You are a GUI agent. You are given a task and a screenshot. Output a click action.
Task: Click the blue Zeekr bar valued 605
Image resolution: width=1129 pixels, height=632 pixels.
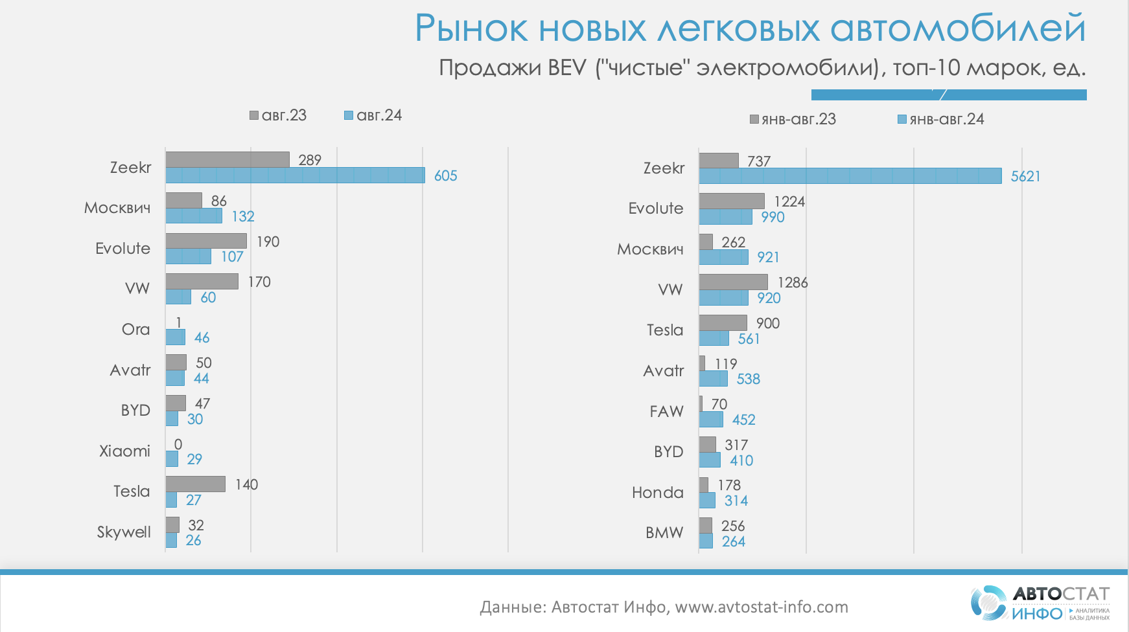click(x=295, y=175)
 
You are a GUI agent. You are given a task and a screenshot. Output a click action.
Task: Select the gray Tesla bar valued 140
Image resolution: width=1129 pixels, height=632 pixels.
click(x=195, y=484)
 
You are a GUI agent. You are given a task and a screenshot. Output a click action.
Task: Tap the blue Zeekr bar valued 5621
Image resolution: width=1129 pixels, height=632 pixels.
click(x=850, y=176)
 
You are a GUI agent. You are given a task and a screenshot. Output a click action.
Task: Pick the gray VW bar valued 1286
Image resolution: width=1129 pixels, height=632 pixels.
click(x=733, y=282)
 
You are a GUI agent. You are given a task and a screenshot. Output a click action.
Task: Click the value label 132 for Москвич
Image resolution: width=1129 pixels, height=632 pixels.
click(x=243, y=216)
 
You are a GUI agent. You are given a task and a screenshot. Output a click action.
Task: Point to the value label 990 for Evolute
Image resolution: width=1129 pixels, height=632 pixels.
click(x=773, y=217)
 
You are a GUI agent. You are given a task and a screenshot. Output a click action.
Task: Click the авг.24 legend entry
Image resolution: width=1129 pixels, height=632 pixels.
click(x=373, y=115)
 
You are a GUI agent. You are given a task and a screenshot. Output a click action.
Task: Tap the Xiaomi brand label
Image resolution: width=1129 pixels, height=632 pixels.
click(x=124, y=451)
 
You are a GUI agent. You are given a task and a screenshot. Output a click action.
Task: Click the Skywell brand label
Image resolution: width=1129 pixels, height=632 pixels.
click(x=124, y=532)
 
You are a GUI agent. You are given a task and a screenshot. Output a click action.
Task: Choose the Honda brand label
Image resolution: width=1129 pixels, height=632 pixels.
click(x=657, y=493)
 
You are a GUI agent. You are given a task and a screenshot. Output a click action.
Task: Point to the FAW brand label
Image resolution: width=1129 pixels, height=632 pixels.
click(x=666, y=411)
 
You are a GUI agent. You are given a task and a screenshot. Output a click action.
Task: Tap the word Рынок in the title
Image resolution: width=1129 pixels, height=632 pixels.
click(x=471, y=28)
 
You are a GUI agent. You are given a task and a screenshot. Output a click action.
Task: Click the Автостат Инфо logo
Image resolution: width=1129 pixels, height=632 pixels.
click(x=1040, y=603)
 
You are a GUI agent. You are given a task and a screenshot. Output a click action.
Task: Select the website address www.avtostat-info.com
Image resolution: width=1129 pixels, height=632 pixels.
click(x=762, y=607)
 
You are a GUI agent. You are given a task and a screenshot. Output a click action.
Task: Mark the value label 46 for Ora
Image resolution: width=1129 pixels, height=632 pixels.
click(x=202, y=337)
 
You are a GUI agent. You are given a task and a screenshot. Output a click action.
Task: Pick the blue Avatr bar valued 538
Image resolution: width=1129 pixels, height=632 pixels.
click(x=713, y=379)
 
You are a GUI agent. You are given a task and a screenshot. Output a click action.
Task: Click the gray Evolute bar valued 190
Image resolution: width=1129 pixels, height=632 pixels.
click(x=206, y=241)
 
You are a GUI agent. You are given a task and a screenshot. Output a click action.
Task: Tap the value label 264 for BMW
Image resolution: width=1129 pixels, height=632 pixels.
click(x=734, y=541)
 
